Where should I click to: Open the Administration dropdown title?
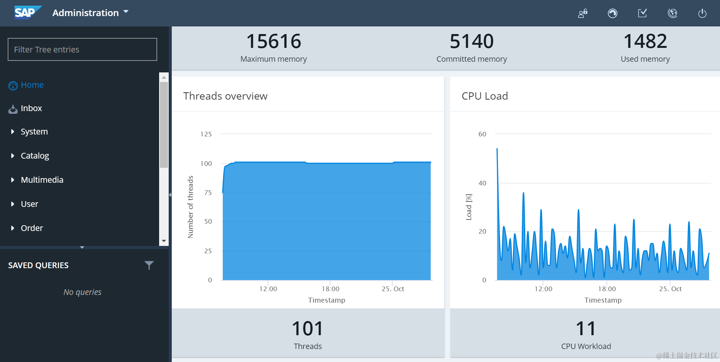(x=90, y=13)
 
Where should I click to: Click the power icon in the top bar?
(x=702, y=13)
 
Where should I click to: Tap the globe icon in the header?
(x=672, y=13)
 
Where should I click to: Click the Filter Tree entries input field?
(x=82, y=49)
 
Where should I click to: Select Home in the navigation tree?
(x=32, y=85)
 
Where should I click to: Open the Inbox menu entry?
(x=31, y=108)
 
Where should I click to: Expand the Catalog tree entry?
(x=35, y=156)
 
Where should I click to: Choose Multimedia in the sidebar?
(x=42, y=180)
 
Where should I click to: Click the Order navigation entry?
(x=32, y=228)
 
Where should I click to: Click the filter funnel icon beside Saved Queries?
(x=149, y=265)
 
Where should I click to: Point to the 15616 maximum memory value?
(x=273, y=41)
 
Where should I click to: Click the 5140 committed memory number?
(x=472, y=41)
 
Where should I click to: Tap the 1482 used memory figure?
(x=645, y=41)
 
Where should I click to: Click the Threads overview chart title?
(x=225, y=96)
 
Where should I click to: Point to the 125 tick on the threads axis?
(x=206, y=134)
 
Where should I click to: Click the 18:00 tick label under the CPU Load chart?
(x=607, y=289)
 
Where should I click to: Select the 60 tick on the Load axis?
(x=482, y=134)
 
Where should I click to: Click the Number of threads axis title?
(x=191, y=207)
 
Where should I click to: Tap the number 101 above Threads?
(x=307, y=329)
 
